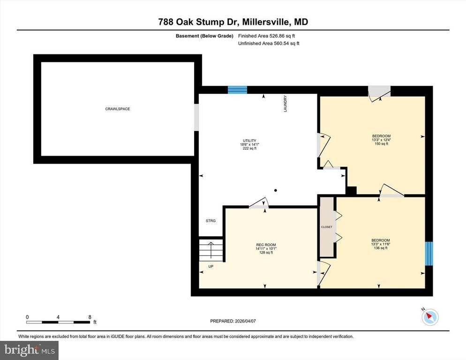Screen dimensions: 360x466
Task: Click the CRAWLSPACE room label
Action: [x=117, y=109]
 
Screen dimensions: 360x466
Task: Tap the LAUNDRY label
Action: [x=285, y=104]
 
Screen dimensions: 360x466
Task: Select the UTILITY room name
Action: [x=249, y=140]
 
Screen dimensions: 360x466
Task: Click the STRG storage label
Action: [x=210, y=221]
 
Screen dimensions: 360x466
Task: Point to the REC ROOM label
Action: [x=266, y=245]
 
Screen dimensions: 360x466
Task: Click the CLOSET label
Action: [x=326, y=227]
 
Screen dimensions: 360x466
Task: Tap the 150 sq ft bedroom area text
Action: [x=381, y=144]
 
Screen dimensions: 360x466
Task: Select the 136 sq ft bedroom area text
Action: [x=380, y=248]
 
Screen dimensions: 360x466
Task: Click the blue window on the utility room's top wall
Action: [x=237, y=90]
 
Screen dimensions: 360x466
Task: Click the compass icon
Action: [x=429, y=317]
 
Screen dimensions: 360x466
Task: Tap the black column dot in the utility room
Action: [x=276, y=190]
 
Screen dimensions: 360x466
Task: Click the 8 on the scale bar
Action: [x=90, y=317]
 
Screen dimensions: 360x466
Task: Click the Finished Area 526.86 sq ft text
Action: [x=266, y=36]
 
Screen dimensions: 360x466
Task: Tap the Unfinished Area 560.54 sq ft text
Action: [x=268, y=44]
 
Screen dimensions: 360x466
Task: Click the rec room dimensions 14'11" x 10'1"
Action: [x=266, y=249]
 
